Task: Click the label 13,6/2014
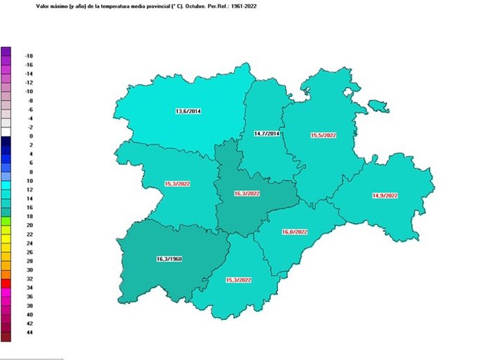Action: [x=188, y=111]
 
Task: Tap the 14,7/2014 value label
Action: [x=266, y=134]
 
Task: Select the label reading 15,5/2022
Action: [x=324, y=136]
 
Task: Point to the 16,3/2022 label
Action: [x=247, y=194]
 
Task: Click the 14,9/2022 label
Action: [x=387, y=196]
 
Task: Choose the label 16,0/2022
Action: [x=294, y=232]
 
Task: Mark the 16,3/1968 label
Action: [x=169, y=259]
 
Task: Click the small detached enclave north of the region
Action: [x=378, y=107]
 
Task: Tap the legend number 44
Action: [x=29, y=332]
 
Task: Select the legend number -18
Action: [x=29, y=55]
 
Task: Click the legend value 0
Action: [x=30, y=136]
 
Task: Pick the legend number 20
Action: [x=29, y=225]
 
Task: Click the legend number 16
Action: [x=29, y=208]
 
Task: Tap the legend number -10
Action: [x=29, y=91]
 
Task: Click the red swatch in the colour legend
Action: [x=6, y=283]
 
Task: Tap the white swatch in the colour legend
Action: [x=6, y=132]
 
